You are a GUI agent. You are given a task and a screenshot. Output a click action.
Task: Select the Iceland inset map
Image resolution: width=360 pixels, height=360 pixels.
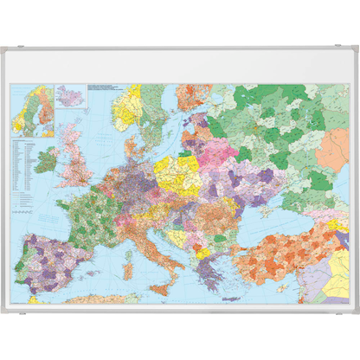click(69, 94)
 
